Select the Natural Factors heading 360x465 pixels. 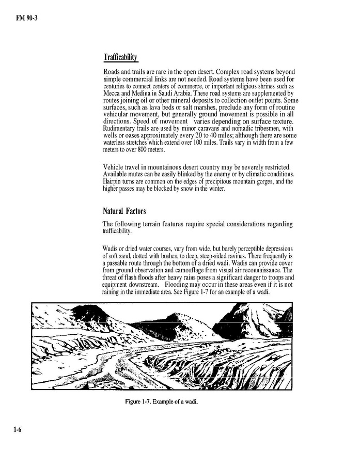pyautogui.click(x=124, y=211)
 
